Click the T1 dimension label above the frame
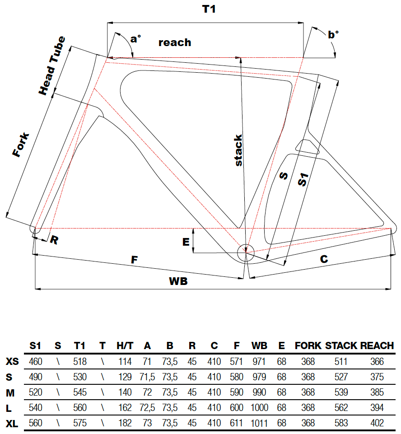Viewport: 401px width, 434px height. tap(208, 9)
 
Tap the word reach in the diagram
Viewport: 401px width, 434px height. tap(175, 43)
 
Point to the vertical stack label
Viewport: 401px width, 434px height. tap(238, 150)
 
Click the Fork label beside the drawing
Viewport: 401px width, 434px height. tap(21, 145)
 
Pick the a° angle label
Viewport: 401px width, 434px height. tap(135, 39)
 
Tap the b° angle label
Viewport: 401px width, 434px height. tap(333, 34)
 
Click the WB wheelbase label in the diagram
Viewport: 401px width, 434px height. tap(178, 281)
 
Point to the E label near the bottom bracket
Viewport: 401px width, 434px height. tap(186, 242)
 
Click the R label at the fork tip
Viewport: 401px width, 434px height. tap(54, 240)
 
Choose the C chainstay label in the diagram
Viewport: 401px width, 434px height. tap(324, 259)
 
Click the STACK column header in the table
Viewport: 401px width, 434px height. tap(341, 346)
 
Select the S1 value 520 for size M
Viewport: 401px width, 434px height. tap(36, 392)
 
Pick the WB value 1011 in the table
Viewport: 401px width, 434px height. tap(259, 423)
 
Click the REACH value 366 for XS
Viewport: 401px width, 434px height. tap(377, 362)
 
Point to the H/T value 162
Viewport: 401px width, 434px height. tap(125, 408)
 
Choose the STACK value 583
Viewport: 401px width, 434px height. tap(341, 423)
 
